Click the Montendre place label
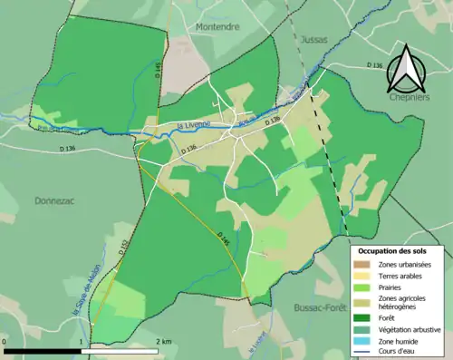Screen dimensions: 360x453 (x=217, y=27)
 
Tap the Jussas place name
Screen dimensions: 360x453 (x=310, y=41)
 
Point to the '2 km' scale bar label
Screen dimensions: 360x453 (x=165, y=341)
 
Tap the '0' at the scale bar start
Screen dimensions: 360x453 (x=5, y=341)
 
